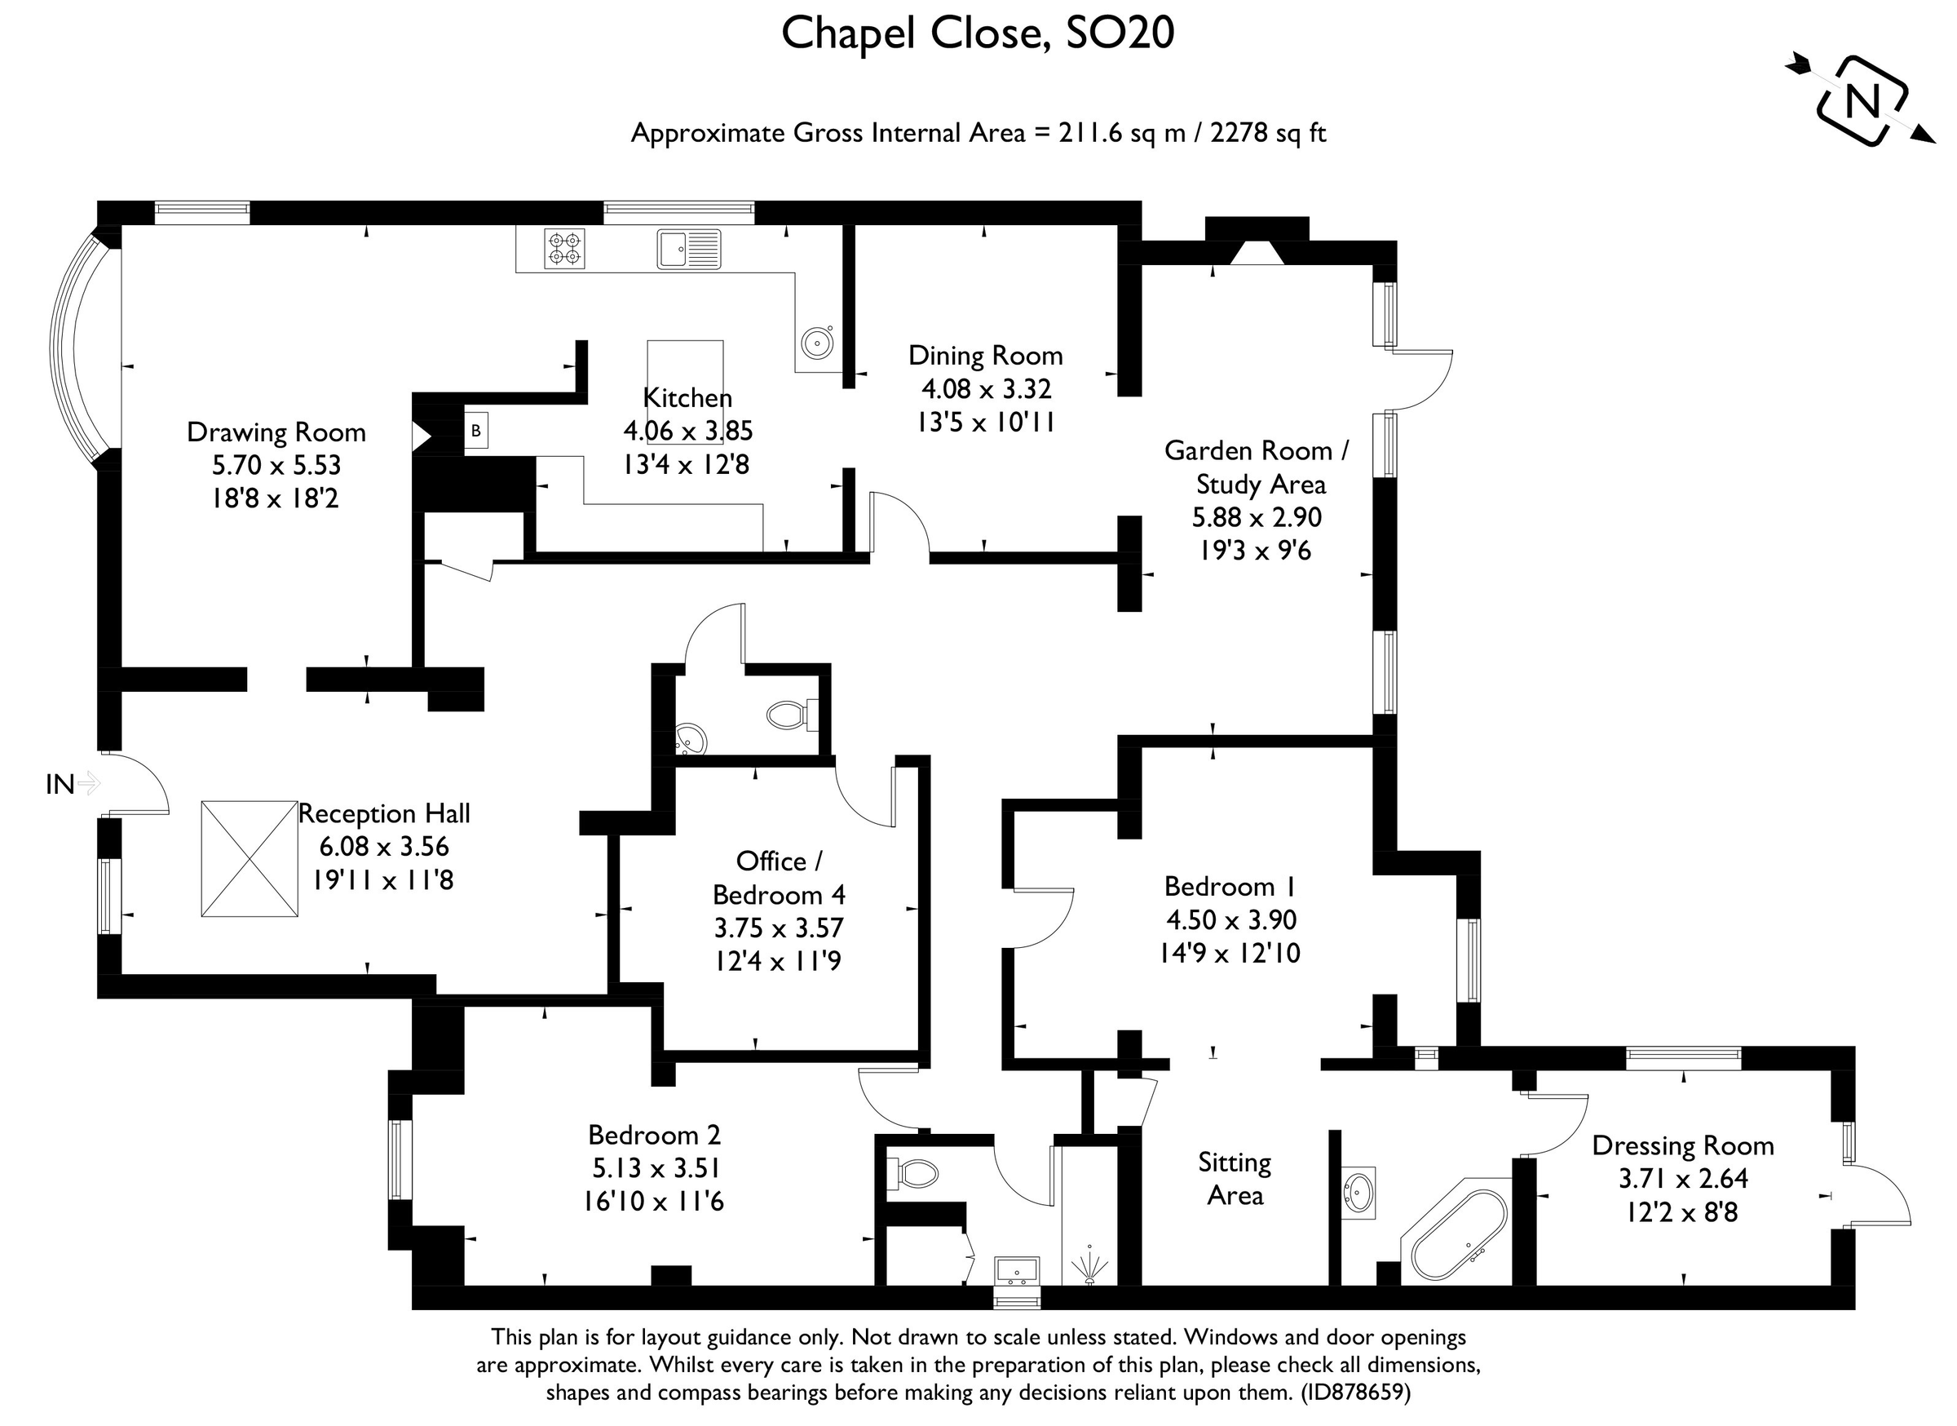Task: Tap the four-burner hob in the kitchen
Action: coord(564,249)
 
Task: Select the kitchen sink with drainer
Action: coord(688,249)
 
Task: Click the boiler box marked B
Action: coord(475,431)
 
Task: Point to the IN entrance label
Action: coord(60,785)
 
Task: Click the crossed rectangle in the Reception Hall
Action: coord(250,859)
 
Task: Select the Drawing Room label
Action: coord(276,432)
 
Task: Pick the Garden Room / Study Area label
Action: coord(1257,467)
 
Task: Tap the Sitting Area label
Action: coord(1235,1179)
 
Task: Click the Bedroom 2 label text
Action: coord(654,1134)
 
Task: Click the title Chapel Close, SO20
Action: coord(978,34)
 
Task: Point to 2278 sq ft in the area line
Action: coord(1267,133)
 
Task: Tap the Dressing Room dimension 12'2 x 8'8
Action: coord(1681,1213)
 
